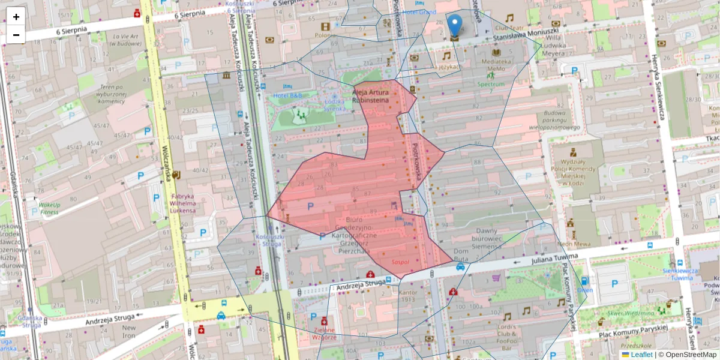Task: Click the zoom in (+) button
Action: pyautogui.click(x=16, y=16)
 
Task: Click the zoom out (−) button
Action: pyautogui.click(x=16, y=35)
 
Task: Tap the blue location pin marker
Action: pyautogui.click(x=455, y=27)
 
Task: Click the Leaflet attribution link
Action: pyautogui.click(x=641, y=355)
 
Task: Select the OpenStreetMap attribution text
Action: pyautogui.click(x=691, y=355)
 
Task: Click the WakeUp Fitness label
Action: pyautogui.click(x=49, y=208)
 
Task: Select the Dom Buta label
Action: pyautogui.click(x=461, y=255)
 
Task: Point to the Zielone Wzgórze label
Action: pyautogui.click(x=324, y=334)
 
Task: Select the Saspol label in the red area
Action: pyautogui.click(x=400, y=262)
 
